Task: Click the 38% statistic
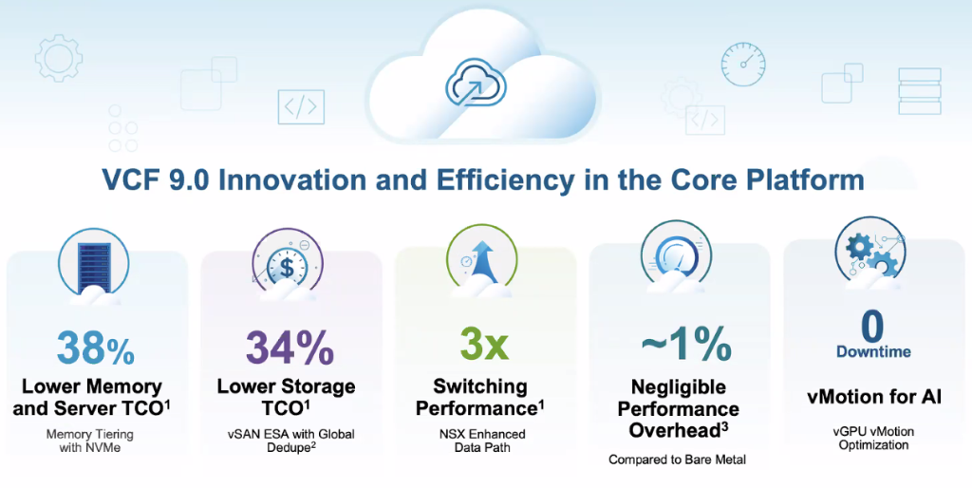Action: [x=96, y=347]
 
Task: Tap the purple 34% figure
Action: [x=290, y=347]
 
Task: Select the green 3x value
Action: [x=484, y=344]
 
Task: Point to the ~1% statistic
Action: [x=686, y=344]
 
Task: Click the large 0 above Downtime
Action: [x=872, y=326]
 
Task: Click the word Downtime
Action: [x=873, y=351]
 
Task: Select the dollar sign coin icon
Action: [x=287, y=265]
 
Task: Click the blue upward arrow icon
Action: [x=481, y=260]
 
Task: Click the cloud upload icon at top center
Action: [x=477, y=83]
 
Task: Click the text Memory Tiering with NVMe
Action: [x=90, y=441]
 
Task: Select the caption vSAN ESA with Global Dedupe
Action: [x=291, y=441]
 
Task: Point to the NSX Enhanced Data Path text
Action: [x=482, y=441]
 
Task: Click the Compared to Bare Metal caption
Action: [x=677, y=460]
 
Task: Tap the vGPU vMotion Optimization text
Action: [x=873, y=438]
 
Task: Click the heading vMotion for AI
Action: [x=874, y=396]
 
